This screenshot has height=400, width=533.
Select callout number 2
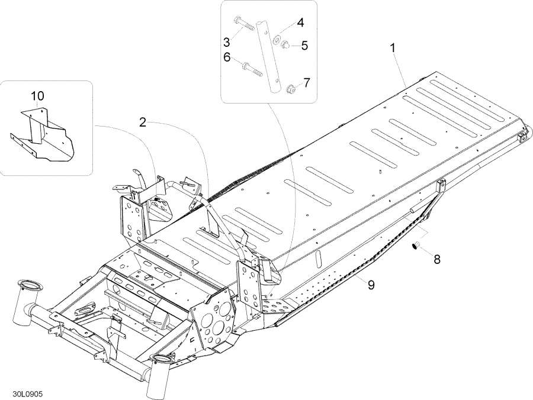coord(143,122)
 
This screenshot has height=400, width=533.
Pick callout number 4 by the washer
coord(300,23)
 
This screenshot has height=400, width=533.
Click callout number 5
coord(304,45)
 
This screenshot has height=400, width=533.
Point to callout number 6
coord(227,57)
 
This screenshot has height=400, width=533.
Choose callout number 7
coord(306,82)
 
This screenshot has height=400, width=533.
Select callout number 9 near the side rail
coord(371,285)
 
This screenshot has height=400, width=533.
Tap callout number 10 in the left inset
coord(37,95)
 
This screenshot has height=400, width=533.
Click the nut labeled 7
coord(290,90)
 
